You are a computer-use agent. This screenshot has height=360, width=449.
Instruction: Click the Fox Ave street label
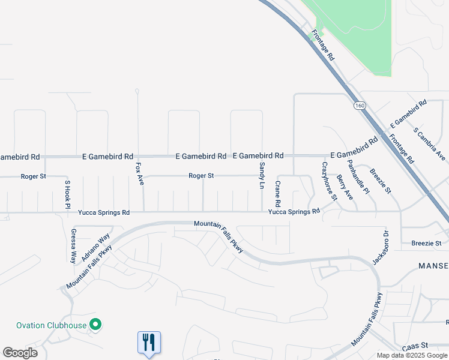pos(140,173)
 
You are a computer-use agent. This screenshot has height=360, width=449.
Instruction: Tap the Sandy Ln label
pos(262,175)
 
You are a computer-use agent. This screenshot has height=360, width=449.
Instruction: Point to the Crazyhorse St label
pos(330,181)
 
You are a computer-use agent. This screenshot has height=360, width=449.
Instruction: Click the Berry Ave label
pos(345,187)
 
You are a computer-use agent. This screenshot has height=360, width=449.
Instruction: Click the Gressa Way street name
pos(73,246)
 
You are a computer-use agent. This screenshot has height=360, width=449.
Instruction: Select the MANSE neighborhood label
pos(433,266)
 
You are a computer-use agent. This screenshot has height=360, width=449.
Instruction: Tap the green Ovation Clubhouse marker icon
pos(95,325)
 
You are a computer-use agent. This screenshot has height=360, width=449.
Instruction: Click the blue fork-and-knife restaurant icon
pos(148,343)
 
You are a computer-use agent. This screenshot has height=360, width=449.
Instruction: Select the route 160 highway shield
pos(359,106)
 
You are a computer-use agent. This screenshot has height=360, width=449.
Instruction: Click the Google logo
pos(20,352)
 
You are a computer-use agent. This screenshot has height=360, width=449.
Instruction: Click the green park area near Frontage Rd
pos(354,36)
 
